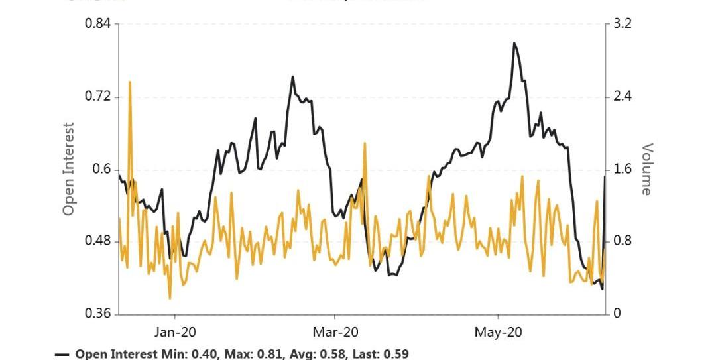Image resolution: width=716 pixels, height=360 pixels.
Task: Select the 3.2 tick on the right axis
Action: [623, 25]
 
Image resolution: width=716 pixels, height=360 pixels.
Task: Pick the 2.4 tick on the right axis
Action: [623, 97]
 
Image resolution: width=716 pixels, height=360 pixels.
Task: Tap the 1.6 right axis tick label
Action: [623, 169]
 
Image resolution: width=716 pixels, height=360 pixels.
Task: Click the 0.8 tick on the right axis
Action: [623, 241]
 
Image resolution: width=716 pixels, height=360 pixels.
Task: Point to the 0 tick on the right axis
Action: [617, 314]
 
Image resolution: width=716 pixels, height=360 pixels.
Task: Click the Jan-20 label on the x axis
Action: [175, 332]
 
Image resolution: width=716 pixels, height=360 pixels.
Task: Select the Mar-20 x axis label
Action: [335, 332]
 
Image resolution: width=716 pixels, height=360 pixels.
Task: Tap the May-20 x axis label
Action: [498, 332]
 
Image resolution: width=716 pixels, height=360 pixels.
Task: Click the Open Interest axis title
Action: [68, 169]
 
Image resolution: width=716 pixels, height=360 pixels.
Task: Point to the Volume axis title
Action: [646, 169]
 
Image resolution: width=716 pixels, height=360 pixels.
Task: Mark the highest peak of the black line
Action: [514, 44]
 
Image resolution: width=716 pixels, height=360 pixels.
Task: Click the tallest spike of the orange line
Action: [130, 82]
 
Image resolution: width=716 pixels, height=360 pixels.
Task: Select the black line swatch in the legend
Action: [62, 355]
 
